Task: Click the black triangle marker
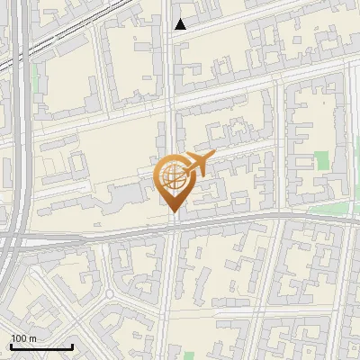[x=181, y=24]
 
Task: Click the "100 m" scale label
[x=24, y=338]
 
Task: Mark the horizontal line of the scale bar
[x=41, y=346]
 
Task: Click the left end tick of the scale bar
[x=11, y=345]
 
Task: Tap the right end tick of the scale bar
[x=72, y=345]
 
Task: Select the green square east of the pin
[x=322, y=162]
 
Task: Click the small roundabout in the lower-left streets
[x=110, y=294]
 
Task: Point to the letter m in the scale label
[x=32, y=338]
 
